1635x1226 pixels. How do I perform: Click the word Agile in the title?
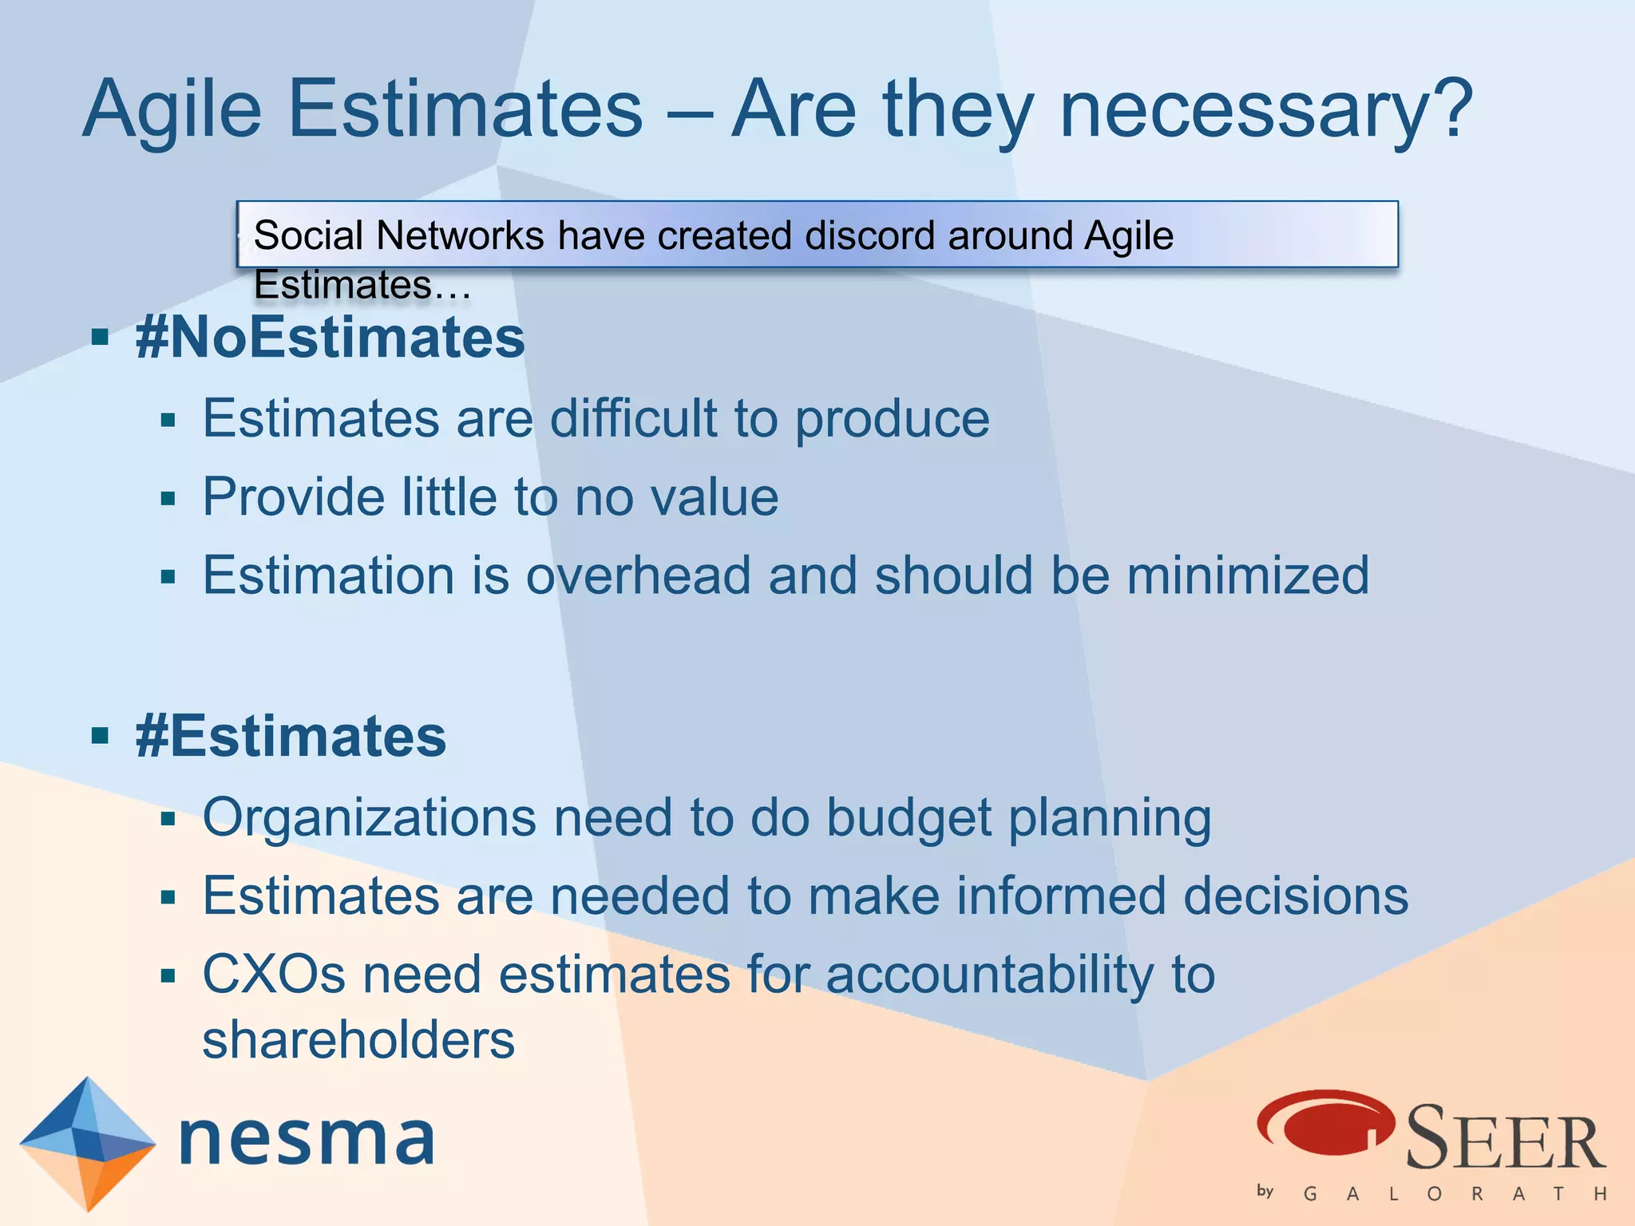172,110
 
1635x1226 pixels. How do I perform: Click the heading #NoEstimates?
331,338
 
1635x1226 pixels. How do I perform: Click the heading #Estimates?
291,736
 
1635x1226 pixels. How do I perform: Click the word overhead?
639,575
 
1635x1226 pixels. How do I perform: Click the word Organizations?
369,818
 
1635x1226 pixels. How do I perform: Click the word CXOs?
274,975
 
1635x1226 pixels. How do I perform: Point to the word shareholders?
358,1040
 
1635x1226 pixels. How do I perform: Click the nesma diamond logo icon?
87,1143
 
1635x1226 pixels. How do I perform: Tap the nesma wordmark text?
307,1139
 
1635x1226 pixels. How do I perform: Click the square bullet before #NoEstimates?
100,338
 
